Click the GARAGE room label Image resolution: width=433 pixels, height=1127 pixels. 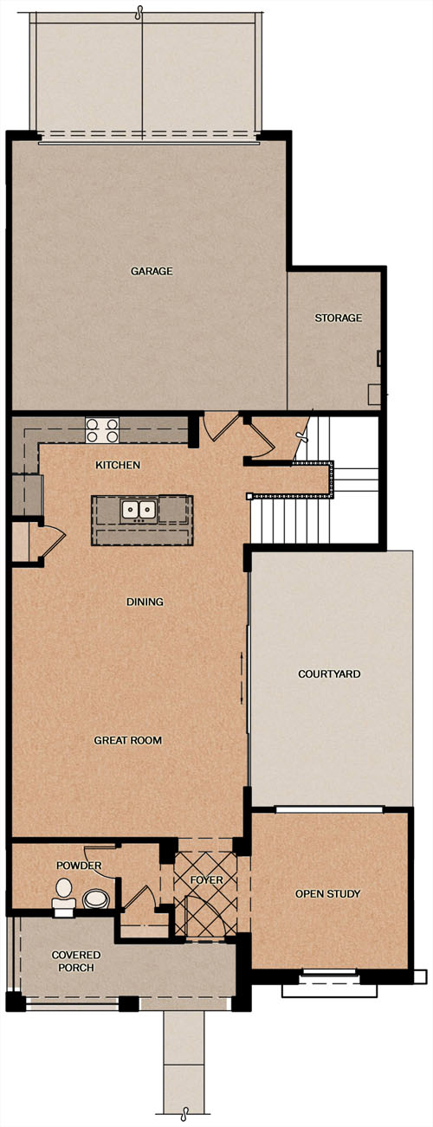152,271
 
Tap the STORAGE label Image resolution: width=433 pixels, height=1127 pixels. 339,318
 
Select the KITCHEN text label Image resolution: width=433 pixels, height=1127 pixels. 118,465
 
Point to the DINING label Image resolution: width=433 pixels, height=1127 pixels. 145,602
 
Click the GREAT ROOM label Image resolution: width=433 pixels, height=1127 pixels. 128,740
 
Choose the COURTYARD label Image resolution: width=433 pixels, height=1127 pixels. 329,673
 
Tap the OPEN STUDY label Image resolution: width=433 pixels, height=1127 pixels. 327,893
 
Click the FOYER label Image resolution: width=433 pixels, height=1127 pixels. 206,880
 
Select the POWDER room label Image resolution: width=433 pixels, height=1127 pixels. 79,866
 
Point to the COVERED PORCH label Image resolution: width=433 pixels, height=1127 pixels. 76,961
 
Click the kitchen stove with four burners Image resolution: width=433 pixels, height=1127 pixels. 102,430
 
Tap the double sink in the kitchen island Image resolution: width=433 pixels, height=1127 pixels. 138,511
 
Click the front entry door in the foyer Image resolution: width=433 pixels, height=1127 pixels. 205,917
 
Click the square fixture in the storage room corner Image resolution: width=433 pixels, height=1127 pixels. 375,395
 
